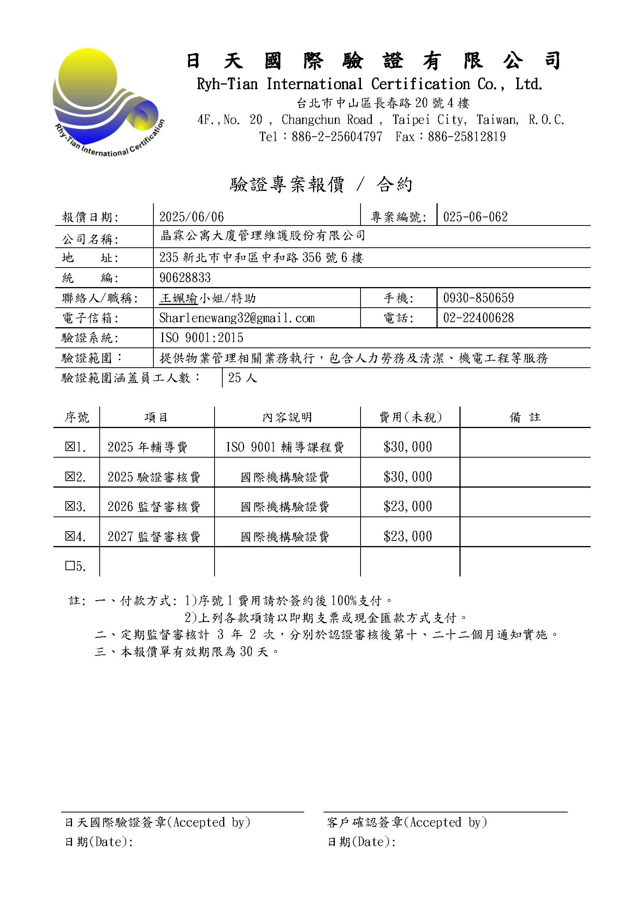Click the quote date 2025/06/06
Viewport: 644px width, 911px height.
(192, 217)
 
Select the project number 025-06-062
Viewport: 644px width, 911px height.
(475, 217)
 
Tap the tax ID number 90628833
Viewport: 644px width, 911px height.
(185, 278)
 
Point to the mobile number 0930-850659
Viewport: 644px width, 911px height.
(478, 298)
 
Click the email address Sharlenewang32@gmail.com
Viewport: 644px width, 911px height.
(237, 318)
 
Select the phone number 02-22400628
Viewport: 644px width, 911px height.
(478, 318)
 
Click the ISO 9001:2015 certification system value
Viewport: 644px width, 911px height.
(201, 338)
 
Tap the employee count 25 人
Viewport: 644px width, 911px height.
(242, 378)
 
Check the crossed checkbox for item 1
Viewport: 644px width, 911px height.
(70, 447)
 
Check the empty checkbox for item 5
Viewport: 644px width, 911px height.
(70, 566)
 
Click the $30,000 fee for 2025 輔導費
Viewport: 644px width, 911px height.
(408, 447)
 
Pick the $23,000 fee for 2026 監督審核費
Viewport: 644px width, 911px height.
(408, 507)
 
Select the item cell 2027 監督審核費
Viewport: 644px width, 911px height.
(154, 537)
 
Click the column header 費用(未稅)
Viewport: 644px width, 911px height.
(410, 418)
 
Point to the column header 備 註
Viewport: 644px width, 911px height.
(524, 418)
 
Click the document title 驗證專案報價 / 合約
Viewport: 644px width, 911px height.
(321, 185)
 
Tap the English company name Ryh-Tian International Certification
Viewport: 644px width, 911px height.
(370, 84)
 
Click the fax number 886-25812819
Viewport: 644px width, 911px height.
(467, 137)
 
